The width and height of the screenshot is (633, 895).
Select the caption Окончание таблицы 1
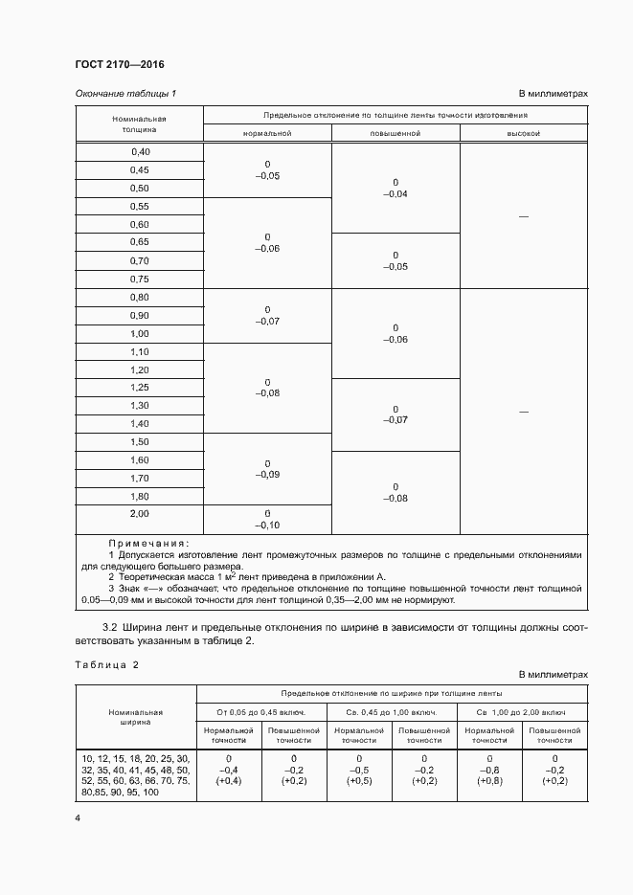[125, 93]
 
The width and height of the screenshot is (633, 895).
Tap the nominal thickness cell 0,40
[140, 152]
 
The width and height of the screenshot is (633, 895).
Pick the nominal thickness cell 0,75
[140, 279]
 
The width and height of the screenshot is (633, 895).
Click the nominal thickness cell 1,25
[140, 388]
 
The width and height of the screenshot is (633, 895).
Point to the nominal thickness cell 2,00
[140, 515]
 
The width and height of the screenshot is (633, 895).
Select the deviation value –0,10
[267, 526]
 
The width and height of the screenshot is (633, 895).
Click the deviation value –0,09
[267, 475]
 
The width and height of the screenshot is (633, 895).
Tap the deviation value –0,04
[396, 194]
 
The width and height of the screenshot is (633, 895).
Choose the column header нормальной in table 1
[267, 133]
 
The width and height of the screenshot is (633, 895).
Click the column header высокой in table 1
[523, 133]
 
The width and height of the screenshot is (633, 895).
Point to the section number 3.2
[108, 627]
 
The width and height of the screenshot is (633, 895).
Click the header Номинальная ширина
[135, 717]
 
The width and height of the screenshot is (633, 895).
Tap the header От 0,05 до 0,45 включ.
[260, 713]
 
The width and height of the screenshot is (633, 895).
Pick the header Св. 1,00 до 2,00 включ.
[523, 713]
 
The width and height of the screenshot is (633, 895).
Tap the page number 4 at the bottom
[79, 818]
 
